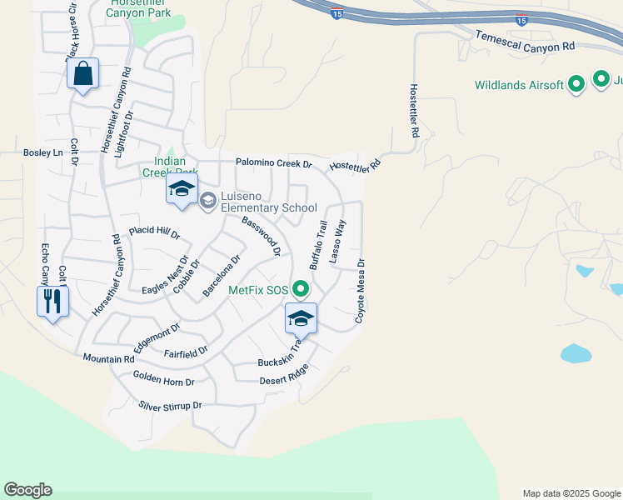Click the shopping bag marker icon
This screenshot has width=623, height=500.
click(83, 74)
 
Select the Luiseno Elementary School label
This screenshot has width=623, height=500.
click(267, 207)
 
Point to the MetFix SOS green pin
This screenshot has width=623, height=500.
click(301, 290)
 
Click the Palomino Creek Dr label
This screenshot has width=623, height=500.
click(273, 164)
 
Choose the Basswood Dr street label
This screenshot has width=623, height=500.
click(261, 236)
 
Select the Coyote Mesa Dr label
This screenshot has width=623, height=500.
click(361, 290)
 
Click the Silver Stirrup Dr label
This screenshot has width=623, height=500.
click(170, 406)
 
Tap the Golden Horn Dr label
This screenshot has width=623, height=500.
click(163, 381)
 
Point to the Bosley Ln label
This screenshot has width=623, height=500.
click(43, 153)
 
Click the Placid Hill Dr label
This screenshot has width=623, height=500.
click(154, 231)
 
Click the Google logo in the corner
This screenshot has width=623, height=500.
click(27, 490)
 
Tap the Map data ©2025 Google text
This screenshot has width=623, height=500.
click(571, 493)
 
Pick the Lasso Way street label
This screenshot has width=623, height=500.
click(337, 242)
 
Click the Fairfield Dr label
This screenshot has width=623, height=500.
click(185, 353)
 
